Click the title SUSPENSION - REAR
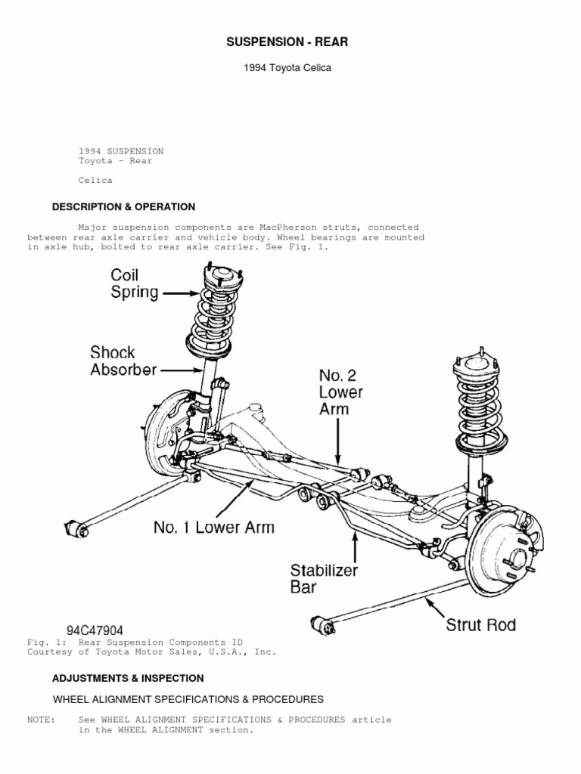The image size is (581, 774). click(x=287, y=42)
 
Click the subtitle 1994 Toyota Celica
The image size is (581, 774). click(x=287, y=69)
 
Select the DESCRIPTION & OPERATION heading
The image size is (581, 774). click(x=123, y=207)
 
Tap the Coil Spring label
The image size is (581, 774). click(x=135, y=284)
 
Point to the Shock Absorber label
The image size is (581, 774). click(x=123, y=361)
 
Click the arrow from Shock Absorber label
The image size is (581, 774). click(x=182, y=370)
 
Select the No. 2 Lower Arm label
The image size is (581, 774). click(x=340, y=392)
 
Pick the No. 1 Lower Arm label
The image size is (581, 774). click(x=214, y=527)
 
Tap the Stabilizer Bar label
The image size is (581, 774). click(x=324, y=577)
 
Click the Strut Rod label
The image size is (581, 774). click(x=480, y=624)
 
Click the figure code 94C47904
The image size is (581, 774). click(x=95, y=630)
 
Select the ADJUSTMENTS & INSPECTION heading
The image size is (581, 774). click(x=128, y=678)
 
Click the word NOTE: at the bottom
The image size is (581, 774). click(x=41, y=720)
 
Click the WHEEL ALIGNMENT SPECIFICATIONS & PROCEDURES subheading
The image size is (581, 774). click(x=188, y=699)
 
